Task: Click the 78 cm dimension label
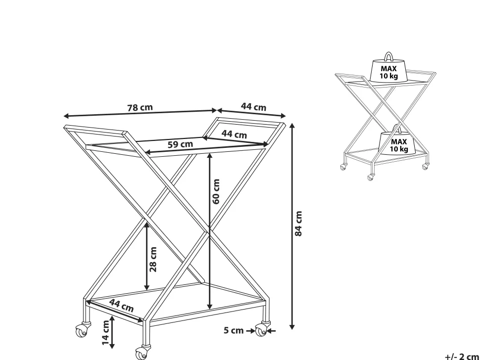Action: click(140, 108)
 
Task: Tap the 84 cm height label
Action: click(298, 224)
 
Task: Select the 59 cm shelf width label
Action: click(180, 144)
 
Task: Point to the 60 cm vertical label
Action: click(216, 191)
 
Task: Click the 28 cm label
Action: click(153, 260)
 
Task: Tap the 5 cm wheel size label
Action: click(234, 330)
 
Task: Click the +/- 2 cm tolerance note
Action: click(462, 357)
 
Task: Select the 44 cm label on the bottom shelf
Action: click(122, 306)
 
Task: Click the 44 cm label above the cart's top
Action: click(253, 107)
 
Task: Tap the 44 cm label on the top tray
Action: click(234, 134)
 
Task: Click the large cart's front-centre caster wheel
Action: click(142, 354)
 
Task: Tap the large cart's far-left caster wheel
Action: click(82, 331)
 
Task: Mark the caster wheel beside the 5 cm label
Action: click(261, 330)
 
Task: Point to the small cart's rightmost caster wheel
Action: click(425, 167)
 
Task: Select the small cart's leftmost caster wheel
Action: click(343, 167)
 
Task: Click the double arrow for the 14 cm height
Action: click(112, 332)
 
